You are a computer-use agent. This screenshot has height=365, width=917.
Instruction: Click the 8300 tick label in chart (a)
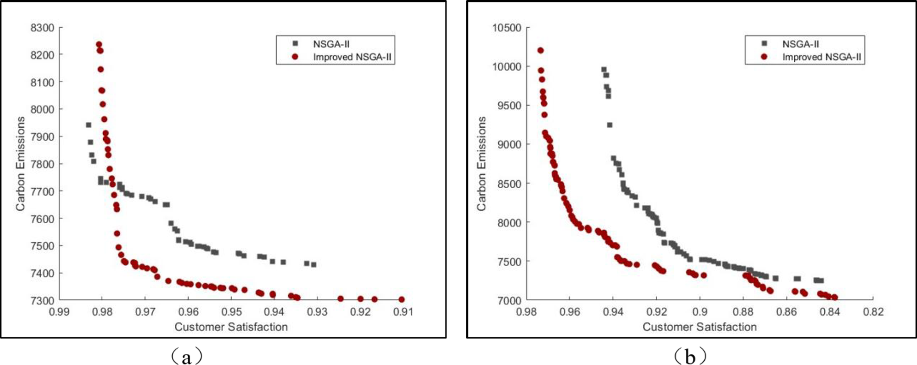click(x=42, y=28)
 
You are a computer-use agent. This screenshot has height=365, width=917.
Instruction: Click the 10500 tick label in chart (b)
click(x=507, y=28)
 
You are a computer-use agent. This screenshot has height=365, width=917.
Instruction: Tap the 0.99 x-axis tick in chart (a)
click(x=59, y=312)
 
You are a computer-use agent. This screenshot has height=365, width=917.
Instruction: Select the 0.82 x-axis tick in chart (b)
click(x=873, y=312)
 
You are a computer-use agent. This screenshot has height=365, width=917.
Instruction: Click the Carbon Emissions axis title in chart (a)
click(x=20, y=164)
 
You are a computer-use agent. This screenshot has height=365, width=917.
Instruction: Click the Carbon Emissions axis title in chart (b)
click(x=482, y=164)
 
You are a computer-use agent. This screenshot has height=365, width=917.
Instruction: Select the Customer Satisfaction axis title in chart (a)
click(x=231, y=327)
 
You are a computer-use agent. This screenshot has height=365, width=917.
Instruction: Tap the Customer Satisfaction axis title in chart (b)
click(x=700, y=327)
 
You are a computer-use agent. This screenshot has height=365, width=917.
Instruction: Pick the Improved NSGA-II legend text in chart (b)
click(x=822, y=57)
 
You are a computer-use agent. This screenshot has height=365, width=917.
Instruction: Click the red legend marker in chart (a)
click(x=296, y=57)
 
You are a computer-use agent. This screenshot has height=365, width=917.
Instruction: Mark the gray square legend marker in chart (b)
click(x=764, y=44)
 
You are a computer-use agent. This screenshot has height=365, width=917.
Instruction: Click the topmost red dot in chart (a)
click(x=99, y=45)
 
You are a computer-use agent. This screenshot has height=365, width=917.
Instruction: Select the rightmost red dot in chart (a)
click(x=401, y=300)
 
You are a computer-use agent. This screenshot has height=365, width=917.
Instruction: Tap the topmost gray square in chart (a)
click(x=89, y=125)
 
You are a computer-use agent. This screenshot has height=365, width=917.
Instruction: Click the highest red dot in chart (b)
click(x=540, y=51)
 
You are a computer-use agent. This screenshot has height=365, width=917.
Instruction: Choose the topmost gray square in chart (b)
click(x=604, y=70)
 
